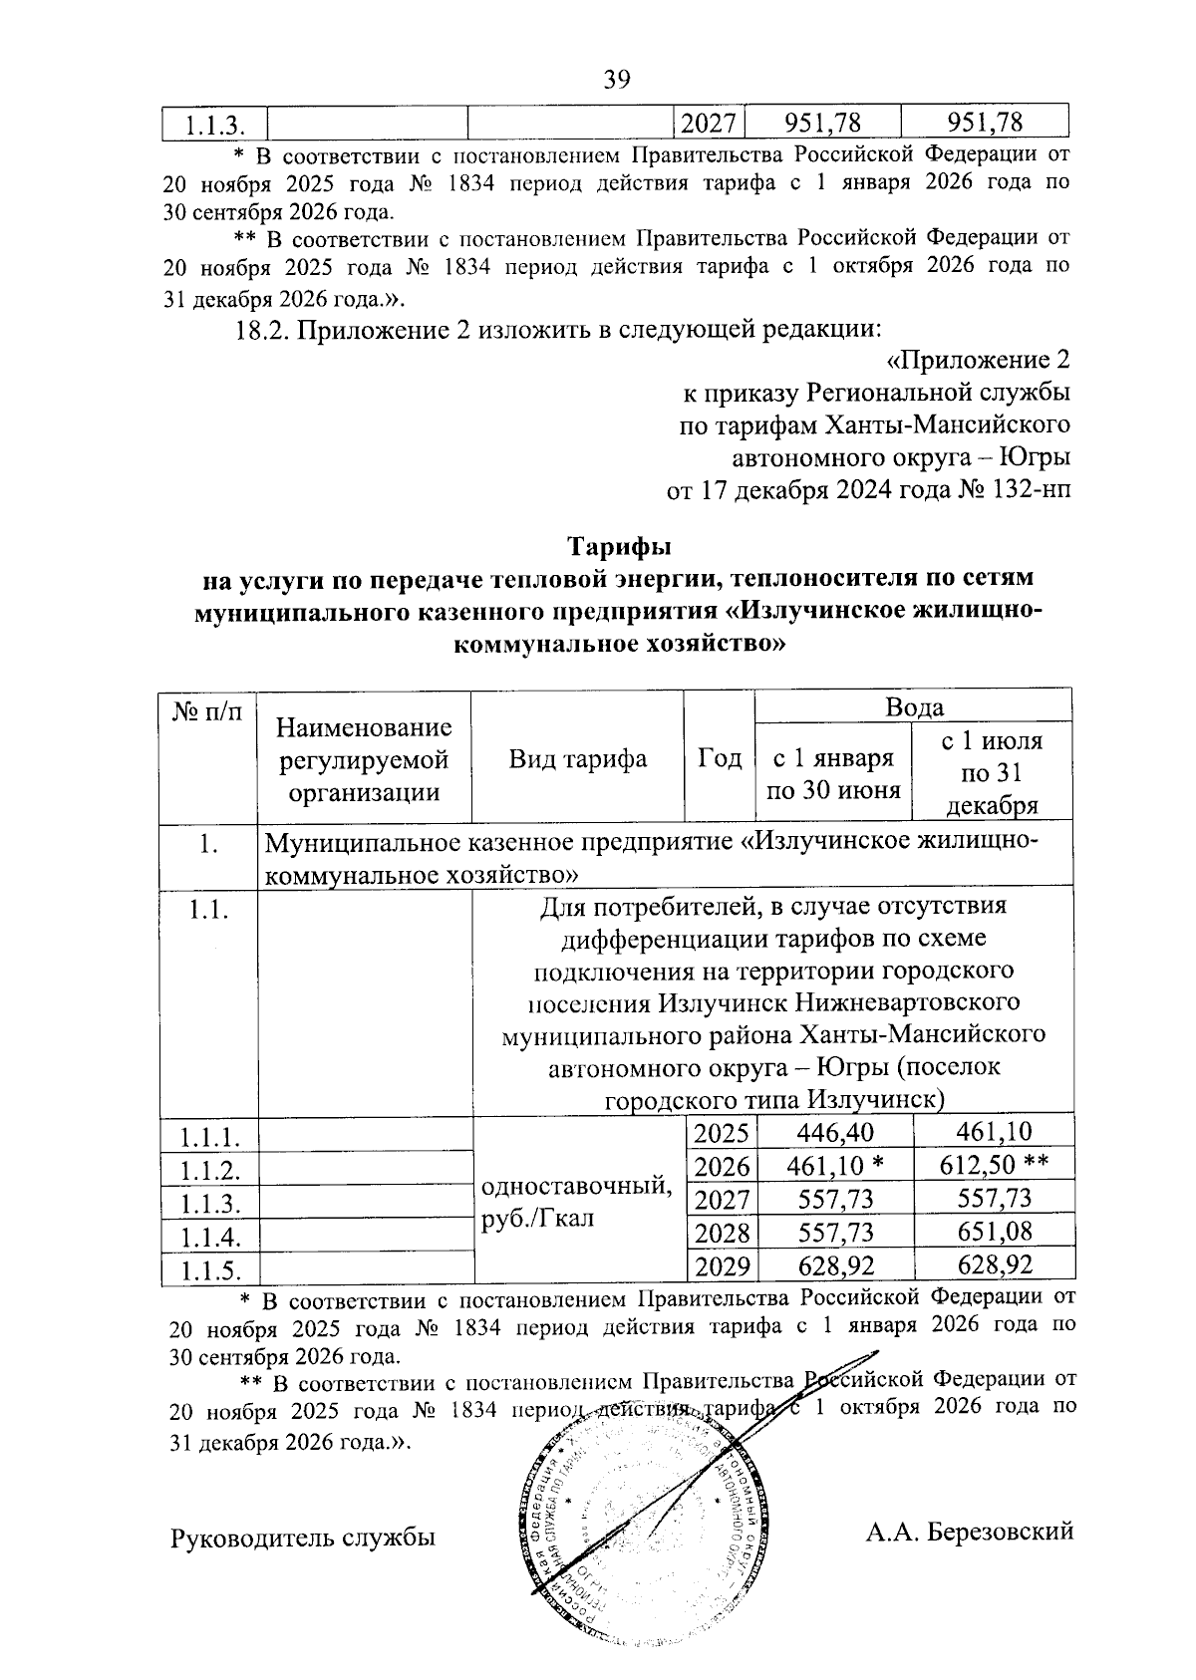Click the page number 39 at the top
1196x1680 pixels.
pyautogui.click(x=617, y=81)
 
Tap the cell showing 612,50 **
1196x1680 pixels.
pyautogui.click(x=994, y=1166)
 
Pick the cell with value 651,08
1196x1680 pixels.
pyautogui.click(x=994, y=1233)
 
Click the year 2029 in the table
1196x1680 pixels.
pyautogui.click(x=722, y=1266)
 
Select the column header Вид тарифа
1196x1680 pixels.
pyautogui.click(x=577, y=759)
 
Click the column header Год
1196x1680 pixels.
pyautogui.click(x=720, y=759)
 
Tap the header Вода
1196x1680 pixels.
pyautogui.click(x=914, y=707)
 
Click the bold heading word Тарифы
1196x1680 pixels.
pyautogui.click(x=619, y=548)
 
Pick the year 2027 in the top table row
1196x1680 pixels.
pyautogui.click(x=710, y=123)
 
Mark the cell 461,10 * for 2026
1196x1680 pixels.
pyautogui.click(x=835, y=1166)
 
